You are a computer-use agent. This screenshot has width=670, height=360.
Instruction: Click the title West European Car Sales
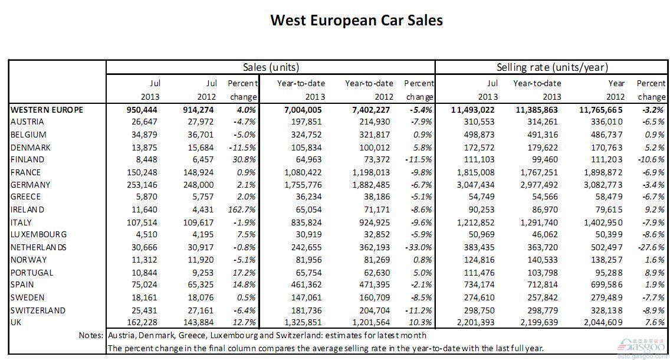coord(356,20)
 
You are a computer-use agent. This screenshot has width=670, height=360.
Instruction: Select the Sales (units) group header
coord(271,67)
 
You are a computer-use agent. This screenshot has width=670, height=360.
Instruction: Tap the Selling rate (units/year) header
coord(552,67)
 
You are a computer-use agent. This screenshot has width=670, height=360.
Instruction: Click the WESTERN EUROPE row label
coord(47,110)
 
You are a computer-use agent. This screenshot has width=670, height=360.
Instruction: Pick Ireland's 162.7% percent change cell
coord(242,210)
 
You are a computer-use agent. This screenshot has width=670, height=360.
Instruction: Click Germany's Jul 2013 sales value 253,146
coord(142,185)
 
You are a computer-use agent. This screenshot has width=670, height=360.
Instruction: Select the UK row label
coord(16,322)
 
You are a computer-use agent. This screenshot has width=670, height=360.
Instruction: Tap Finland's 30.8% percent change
coord(244,159)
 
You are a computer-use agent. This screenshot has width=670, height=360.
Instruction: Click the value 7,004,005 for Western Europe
coord(303,110)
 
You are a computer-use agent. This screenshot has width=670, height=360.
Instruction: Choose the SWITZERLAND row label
coord(38,310)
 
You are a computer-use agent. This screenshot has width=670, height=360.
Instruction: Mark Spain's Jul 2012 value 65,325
coord(199,284)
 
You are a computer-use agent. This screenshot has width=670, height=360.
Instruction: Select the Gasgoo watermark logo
coord(642,345)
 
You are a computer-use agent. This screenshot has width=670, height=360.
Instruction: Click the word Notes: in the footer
coord(91,335)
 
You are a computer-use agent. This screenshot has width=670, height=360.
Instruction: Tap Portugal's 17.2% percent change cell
coord(244,273)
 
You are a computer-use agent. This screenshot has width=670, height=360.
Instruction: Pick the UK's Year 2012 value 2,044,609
coord(604,322)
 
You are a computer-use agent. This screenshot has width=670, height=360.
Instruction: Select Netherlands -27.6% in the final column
coord(652,247)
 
